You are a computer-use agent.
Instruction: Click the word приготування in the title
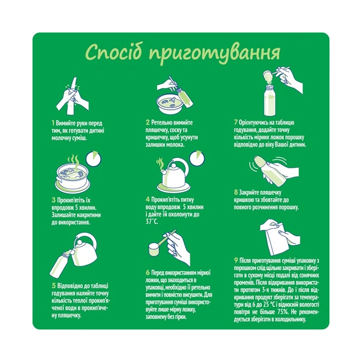pyautogui.click(x=214, y=53)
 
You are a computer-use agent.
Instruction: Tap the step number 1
pyautogui.click(x=52, y=123)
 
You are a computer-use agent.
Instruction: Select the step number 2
pyautogui.click(x=147, y=123)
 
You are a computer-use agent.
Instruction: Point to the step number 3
pyautogui.click(x=52, y=199)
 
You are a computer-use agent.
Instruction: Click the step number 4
pyautogui.click(x=147, y=199)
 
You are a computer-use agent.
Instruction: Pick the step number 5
pyautogui.click(x=52, y=284)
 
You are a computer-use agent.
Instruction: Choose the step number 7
pyautogui.click(x=236, y=123)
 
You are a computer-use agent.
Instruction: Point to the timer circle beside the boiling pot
pyautogui.click(x=94, y=159)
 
